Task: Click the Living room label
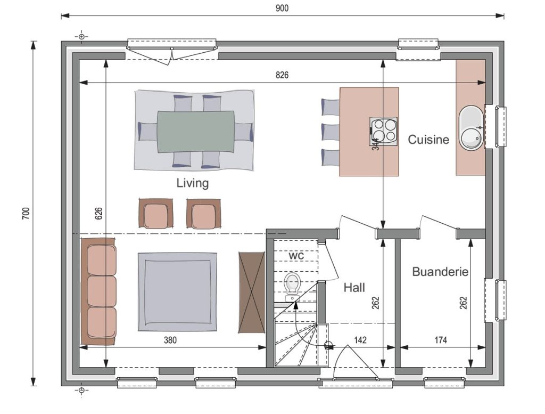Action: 192,183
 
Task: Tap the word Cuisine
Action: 428,140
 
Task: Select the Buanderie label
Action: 440,271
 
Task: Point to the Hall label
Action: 354,287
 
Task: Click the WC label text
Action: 296,256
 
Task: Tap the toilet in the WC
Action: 292,287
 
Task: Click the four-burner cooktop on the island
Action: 383,131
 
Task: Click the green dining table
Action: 196,132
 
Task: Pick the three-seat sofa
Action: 98,291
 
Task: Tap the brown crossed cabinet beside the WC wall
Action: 252,292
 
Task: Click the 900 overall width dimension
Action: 282,8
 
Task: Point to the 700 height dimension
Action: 26,213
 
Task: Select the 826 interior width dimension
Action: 282,75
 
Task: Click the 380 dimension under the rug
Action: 170,340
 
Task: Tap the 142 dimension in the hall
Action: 360,340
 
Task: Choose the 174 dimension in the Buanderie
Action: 441,340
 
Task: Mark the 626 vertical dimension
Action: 98,213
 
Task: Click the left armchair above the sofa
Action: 156,213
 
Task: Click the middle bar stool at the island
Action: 330,132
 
